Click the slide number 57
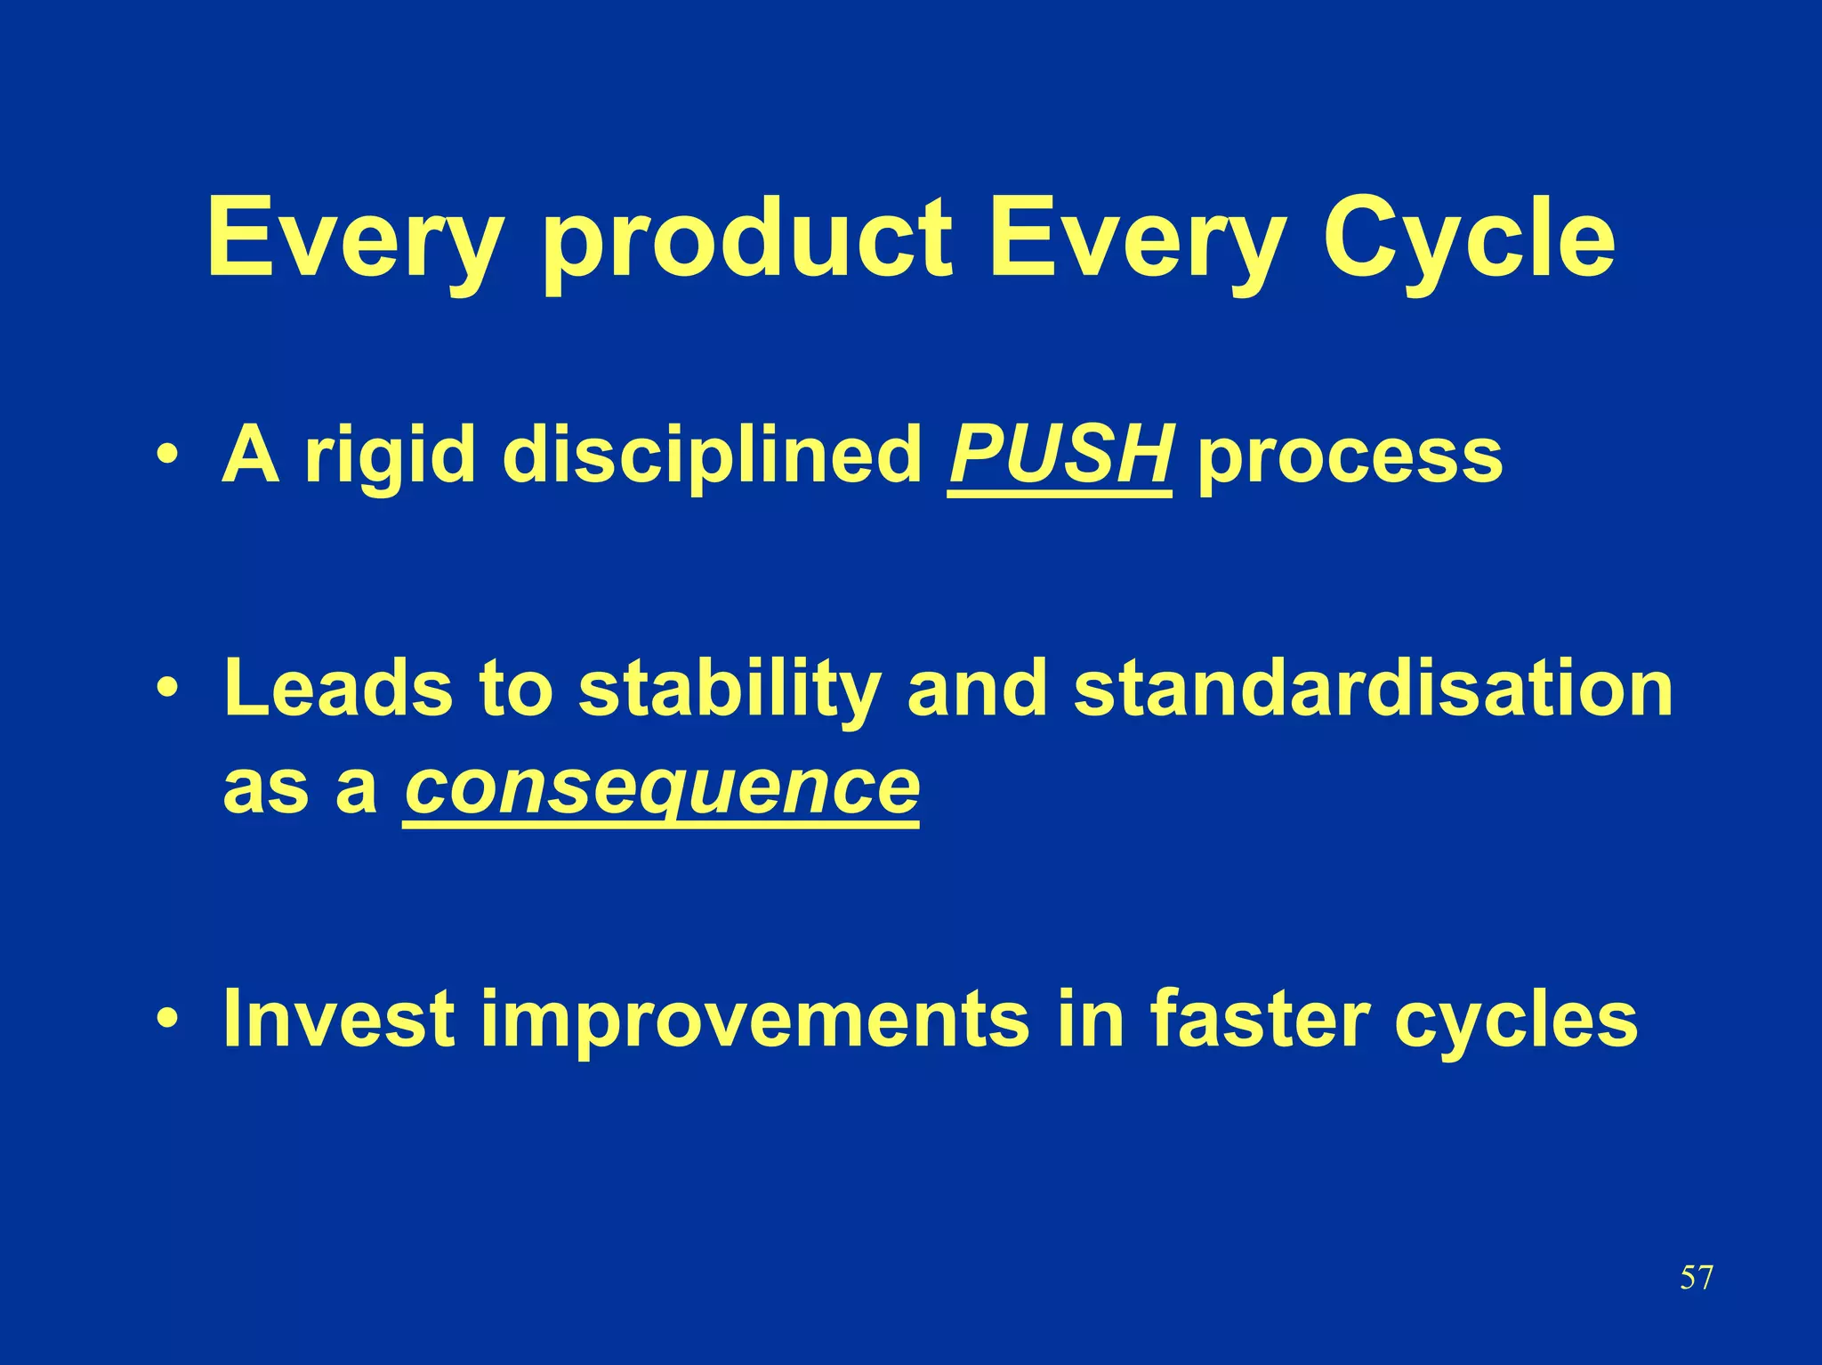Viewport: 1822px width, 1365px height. (x=1696, y=1278)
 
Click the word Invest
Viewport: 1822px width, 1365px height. (x=339, y=1018)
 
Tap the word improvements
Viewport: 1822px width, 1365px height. (x=754, y=1018)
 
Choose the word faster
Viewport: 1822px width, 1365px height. (x=1260, y=1018)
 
